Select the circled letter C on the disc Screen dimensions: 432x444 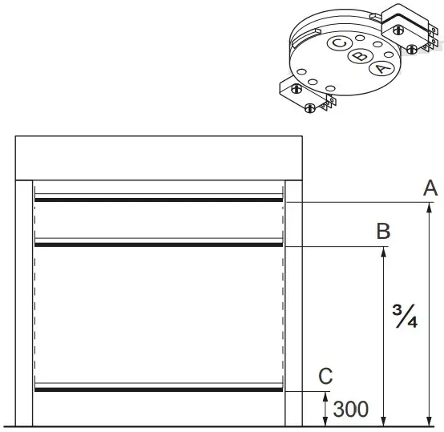[339, 44]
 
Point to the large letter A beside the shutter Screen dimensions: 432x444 [430, 188]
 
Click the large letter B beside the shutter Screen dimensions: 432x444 [384, 232]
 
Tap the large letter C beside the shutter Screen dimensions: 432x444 [325, 375]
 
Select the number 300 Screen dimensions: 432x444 [351, 410]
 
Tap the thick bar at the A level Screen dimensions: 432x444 [158, 200]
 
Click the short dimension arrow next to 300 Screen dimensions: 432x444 [325, 408]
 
